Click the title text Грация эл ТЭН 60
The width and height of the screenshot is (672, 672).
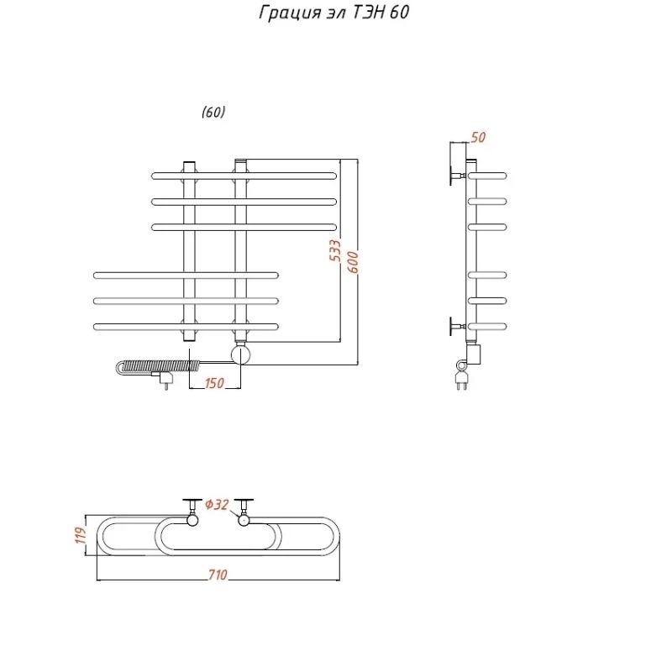[x=333, y=13]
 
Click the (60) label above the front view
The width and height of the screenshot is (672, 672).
[x=213, y=113]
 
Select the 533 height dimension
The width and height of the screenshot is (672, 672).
[x=335, y=250]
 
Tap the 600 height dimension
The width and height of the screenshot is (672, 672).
[x=352, y=262]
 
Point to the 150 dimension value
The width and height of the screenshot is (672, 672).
[x=214, y=383]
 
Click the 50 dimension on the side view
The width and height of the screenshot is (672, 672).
[x=478, y=138]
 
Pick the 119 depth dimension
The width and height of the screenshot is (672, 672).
[x=81, y=535]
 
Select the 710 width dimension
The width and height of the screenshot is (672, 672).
[x=218, y=575]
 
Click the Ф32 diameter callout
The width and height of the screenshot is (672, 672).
[x=217, y=505]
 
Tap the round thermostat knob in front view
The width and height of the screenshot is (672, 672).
[x=240, y=354]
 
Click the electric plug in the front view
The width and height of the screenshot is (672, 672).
[x=165, y=380]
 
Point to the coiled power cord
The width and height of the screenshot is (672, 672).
[x=158, y=367]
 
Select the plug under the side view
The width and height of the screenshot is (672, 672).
[x=461, y=380]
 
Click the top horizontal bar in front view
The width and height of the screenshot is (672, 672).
[x=244, y=176]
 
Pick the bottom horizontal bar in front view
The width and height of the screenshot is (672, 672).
[x=186, y=327]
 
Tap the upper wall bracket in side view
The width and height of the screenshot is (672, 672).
[x=456, y=176]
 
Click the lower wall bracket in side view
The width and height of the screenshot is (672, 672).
[x=456, y=327]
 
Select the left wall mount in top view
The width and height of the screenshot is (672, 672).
[x=192, y=512]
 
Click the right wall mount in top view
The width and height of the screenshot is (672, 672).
[x=244, y=512]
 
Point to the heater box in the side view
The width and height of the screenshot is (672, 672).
[x=475, y=354]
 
